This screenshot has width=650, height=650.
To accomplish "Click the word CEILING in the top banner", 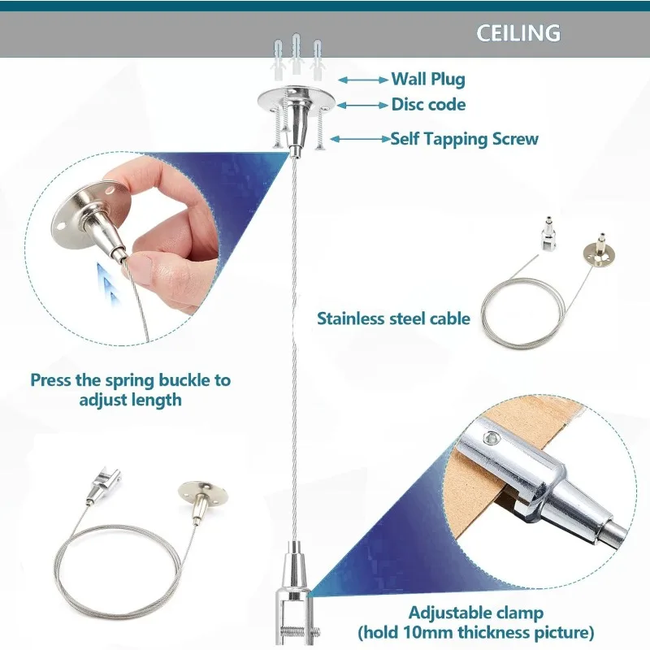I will (x=518, y=33).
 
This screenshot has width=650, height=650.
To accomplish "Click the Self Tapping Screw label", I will (x=465, y=139).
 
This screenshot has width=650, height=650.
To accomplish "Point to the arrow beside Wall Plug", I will (x=363, y=79).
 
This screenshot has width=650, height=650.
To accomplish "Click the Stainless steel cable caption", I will (x=393, y=318).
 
